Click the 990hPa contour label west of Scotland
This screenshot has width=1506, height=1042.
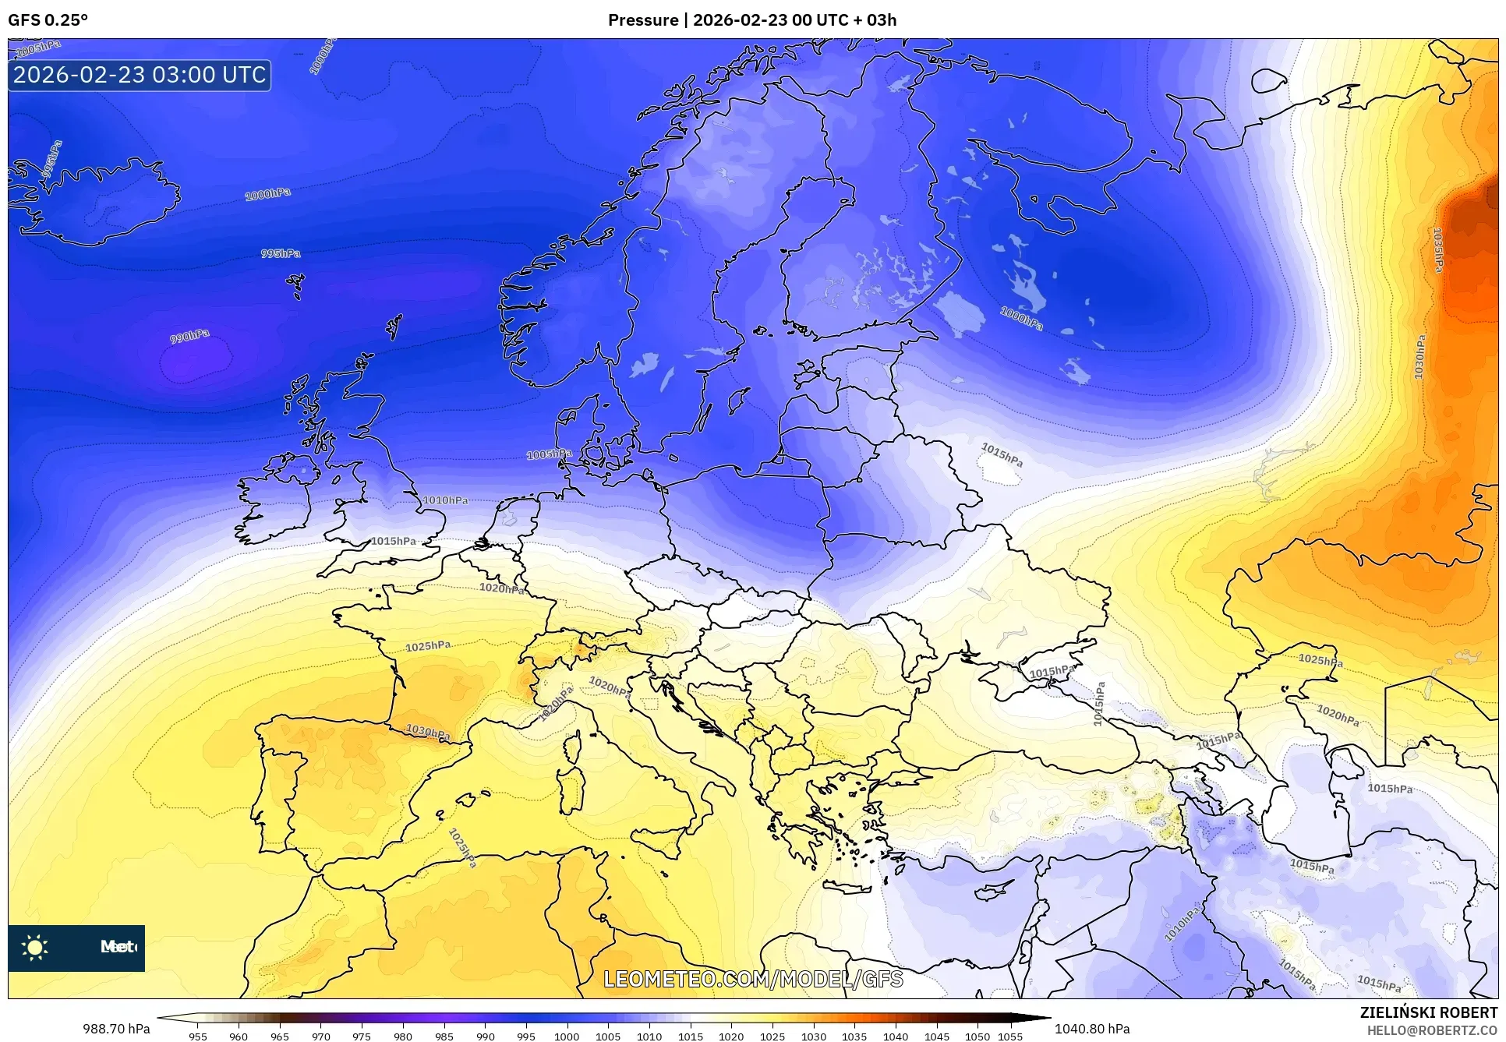(x=189, y=337)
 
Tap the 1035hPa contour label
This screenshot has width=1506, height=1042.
(x=1438, y=249)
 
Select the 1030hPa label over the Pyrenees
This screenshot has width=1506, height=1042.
(x=428, y=732)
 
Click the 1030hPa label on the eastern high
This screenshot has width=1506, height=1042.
(x=1419, y=358)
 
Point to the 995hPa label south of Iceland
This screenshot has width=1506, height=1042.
(x=280, y=253)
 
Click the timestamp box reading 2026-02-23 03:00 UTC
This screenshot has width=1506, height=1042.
(x=140, y=75)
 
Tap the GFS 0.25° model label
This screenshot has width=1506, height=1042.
(x=48, y=20)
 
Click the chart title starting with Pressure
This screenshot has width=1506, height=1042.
(x=751, y=20)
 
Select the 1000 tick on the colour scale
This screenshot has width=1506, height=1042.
(x=567, y=1036)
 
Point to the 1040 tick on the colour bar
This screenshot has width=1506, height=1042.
(x=895, y=1036)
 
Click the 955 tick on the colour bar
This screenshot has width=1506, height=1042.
(x=198, y=1036)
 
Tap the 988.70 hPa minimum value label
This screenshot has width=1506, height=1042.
(x=116, y=1028)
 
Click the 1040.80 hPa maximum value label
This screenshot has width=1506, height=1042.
(x=1092, y=1028)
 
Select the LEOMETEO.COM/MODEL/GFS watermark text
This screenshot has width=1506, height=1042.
(x=753, y=979)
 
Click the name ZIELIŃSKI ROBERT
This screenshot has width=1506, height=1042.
(x=1428, y=1012)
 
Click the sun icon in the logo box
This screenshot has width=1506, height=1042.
(x=35, y=947)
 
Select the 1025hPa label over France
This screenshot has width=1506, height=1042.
(x=427, y=646)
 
